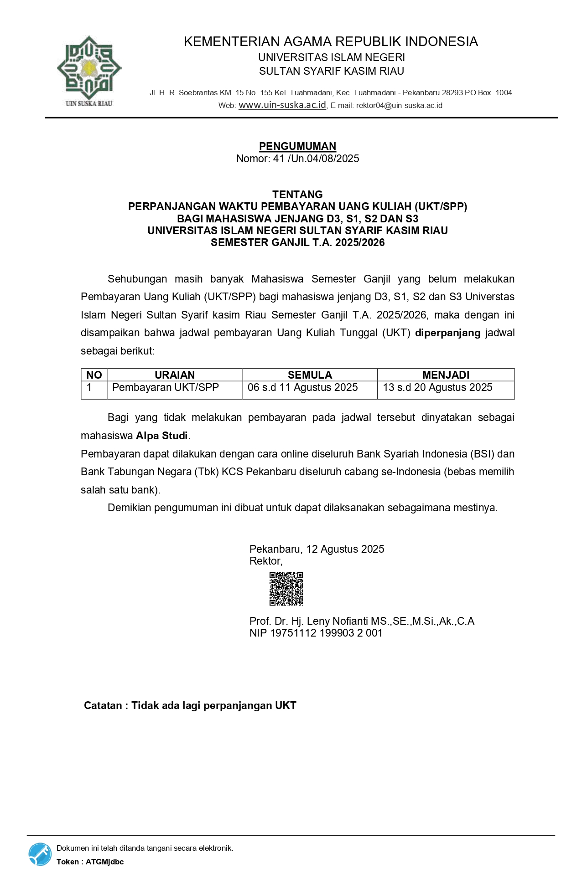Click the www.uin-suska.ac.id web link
tap(282, 105)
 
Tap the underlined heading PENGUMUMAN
tap(297, 146)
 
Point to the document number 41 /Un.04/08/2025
tap(316, 159)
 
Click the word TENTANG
tap(297, 195)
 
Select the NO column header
tap(94, 375)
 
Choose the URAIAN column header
tap(175, 375)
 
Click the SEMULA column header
tap(310, 375)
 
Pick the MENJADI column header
tap(446, 375)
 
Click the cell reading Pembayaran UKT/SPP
tap(166, 387)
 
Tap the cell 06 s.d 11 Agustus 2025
tap(302, 387)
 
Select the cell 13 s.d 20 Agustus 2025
tap(437, 387)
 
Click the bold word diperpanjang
tap(447, 333)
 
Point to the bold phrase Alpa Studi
tap(162, 436)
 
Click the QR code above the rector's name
tap(286, 589)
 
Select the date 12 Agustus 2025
tap(345, 549)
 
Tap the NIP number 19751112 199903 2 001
tap(326, 633)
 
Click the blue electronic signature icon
tap(40, 854)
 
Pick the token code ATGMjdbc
tap(104, 862)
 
